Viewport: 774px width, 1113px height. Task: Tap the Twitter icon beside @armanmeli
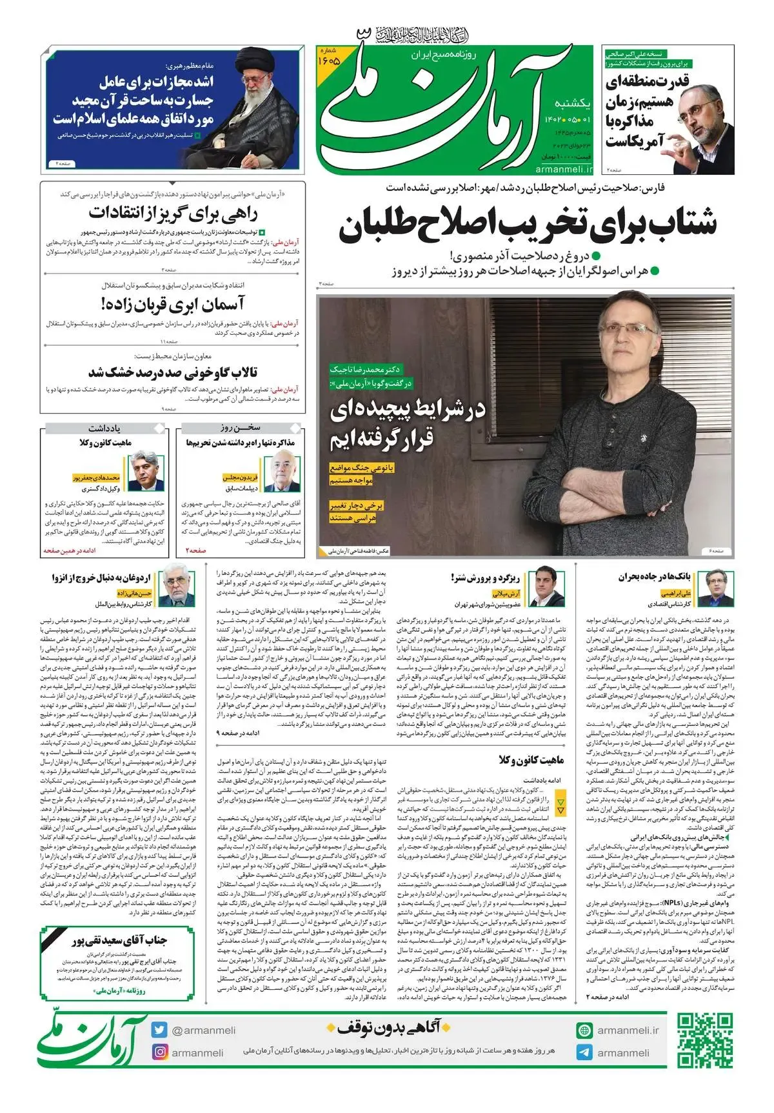pyautogui.click(x=159, y=1030)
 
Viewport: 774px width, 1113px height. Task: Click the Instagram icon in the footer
pyautogui.click(x=159, y=1052)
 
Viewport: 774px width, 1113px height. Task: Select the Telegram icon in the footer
pyautogui.click(x=584, y=1052)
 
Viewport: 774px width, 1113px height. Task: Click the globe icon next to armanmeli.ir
pyautogui.click(x=584, y=1030)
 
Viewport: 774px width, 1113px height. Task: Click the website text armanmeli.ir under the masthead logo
pyautogui.click(x=563, y=169)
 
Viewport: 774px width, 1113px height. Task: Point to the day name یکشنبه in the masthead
pyautogui.click(x=572, y=104)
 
